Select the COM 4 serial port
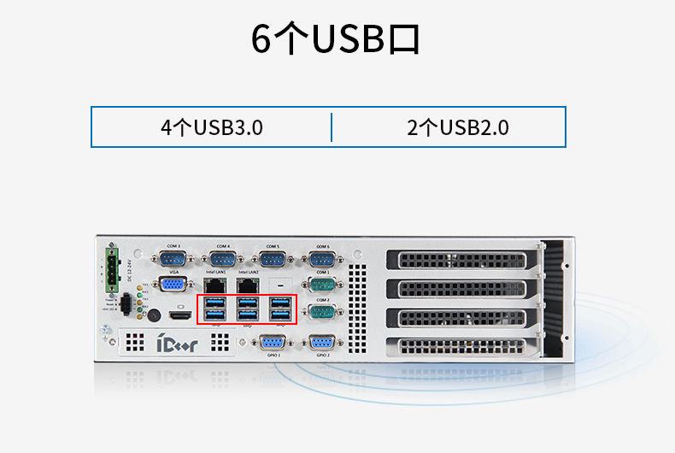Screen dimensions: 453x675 pyautogui.click(x=223, y=260)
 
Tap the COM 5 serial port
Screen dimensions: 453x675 pyautogui.click(x=273, y=260)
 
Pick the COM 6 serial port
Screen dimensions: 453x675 pyautogui.click(x=322, y=260)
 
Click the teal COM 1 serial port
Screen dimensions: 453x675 pyautogui.click(x=322, y=285)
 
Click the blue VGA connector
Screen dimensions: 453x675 pyautogui.click(x=173, y=285)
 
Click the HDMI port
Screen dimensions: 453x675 pyautogui.click(x=179, y=316)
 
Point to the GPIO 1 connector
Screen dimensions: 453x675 pyautogui.click(x=273, y=342)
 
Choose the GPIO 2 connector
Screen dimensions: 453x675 pyautogui.click(x=322, y=342)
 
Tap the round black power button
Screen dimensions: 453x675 pyautogui.click(x=155, y=315)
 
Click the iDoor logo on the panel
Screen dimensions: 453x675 pyautogui.click(x=177, y=344)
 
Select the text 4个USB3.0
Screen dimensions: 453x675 pyautogui.click(x=211, y=128)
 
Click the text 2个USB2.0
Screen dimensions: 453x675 pyautogui.click(x=458, y=128)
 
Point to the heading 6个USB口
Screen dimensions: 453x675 pyautogui.click(x=337, y=39)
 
